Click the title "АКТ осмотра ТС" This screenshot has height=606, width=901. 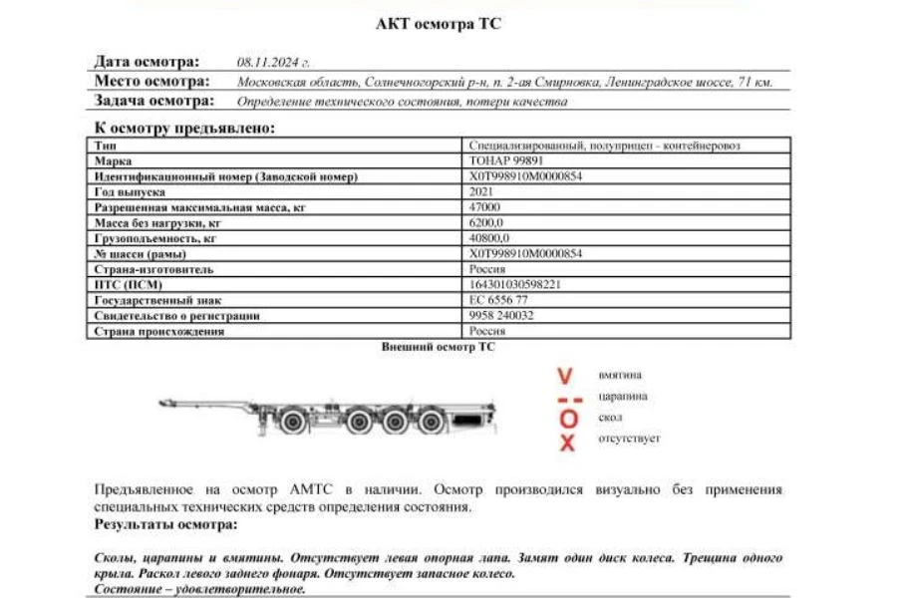click(x=438, y=24)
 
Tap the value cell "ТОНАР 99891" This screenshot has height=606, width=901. click(x=506, y=160)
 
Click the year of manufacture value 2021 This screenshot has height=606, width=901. click(x=481, y=191)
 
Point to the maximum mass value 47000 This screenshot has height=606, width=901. click(x=484, y=207)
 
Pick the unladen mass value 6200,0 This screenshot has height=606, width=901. click(x=487, y=222)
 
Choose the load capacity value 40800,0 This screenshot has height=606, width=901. click(x=489, y=238)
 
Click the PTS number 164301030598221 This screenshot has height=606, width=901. click(x=515, y=285)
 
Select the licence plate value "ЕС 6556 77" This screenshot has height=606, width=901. click(x=498, y=300)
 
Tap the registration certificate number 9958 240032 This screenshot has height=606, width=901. click(x=501, y=316)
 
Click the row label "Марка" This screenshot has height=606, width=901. click(x=113, y=160)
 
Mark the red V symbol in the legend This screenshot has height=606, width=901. click(x=565, y=377)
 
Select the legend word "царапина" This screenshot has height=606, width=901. click(x=623, y=397)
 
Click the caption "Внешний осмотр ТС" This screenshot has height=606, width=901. click(x=438, y=347)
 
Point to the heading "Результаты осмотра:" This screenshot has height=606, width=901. click(x=165, y=524)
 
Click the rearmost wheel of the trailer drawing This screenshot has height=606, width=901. click(x=431, y=423)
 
